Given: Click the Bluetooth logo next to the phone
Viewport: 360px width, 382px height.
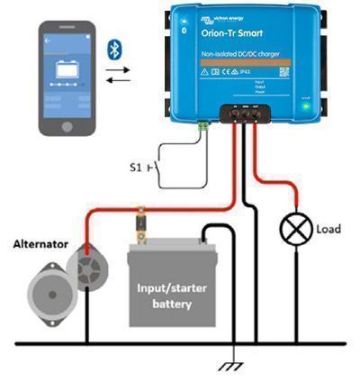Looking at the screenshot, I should coord(114,47).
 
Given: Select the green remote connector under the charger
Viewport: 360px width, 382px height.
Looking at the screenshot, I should coord(204,127).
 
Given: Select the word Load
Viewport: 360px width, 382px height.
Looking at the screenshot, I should coord(328,230).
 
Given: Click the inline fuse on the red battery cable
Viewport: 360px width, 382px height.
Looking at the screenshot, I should coord(141,221).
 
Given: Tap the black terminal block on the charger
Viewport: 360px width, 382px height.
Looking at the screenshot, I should coord(243,115).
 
